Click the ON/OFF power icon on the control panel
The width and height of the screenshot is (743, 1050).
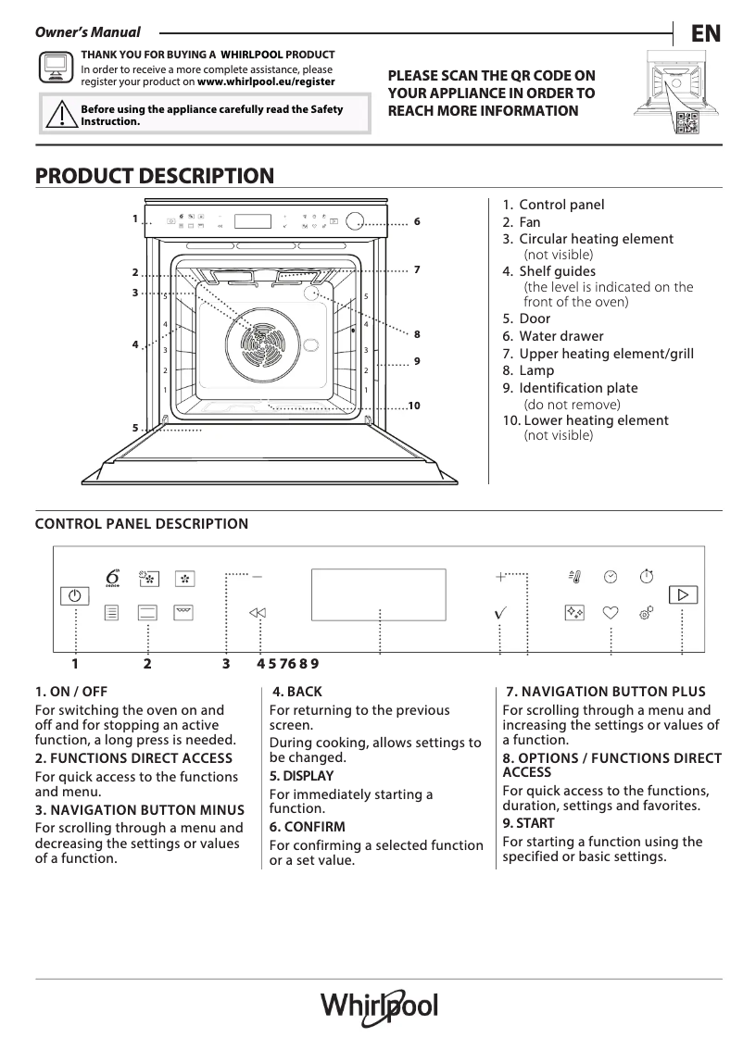pos(75,596)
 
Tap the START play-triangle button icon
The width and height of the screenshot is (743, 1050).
pos(683,594)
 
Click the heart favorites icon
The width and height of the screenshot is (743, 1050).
pos(611,612)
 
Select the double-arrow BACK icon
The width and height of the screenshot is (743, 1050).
pos(258,613)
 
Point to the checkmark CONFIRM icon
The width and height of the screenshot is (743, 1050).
pos(500,613)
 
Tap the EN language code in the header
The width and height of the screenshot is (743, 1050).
pos(705,34)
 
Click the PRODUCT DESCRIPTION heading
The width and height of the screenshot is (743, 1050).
pos(154,176)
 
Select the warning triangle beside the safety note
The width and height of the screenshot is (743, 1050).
pos(60,115)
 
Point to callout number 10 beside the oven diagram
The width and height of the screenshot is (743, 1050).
pos(413,406)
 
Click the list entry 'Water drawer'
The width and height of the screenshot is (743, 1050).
pos(560,336)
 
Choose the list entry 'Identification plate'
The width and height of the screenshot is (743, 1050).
pos(578,388)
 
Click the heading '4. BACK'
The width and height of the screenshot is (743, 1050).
pos(297,692)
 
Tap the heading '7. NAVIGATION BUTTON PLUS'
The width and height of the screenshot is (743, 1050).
pos(606,692)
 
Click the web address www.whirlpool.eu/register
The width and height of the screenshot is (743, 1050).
pos(266,81)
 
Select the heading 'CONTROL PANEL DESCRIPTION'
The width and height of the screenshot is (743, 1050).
pos(142,524)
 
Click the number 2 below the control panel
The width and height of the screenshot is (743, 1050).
pos(147,663)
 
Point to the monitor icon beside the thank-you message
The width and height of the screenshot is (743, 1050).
pos(55,67)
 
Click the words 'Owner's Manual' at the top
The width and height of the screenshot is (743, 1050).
pos(87,32)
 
